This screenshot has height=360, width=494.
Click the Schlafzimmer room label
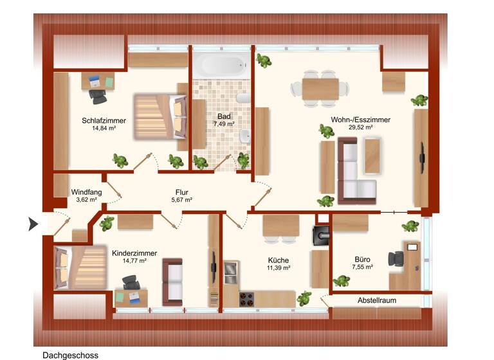104,120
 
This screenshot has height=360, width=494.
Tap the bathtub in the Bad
219,65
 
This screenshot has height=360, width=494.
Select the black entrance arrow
33,224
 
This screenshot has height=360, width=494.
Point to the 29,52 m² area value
361,127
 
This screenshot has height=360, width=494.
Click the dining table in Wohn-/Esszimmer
320,88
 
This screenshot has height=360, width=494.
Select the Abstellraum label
376,300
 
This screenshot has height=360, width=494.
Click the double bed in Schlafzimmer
158,116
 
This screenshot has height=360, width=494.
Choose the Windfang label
86,192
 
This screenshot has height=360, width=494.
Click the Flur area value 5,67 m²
182,200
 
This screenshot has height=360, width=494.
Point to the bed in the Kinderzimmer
82,266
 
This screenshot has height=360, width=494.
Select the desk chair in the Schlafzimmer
98,96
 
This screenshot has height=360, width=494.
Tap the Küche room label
279,260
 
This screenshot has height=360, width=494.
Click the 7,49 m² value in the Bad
223,124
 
